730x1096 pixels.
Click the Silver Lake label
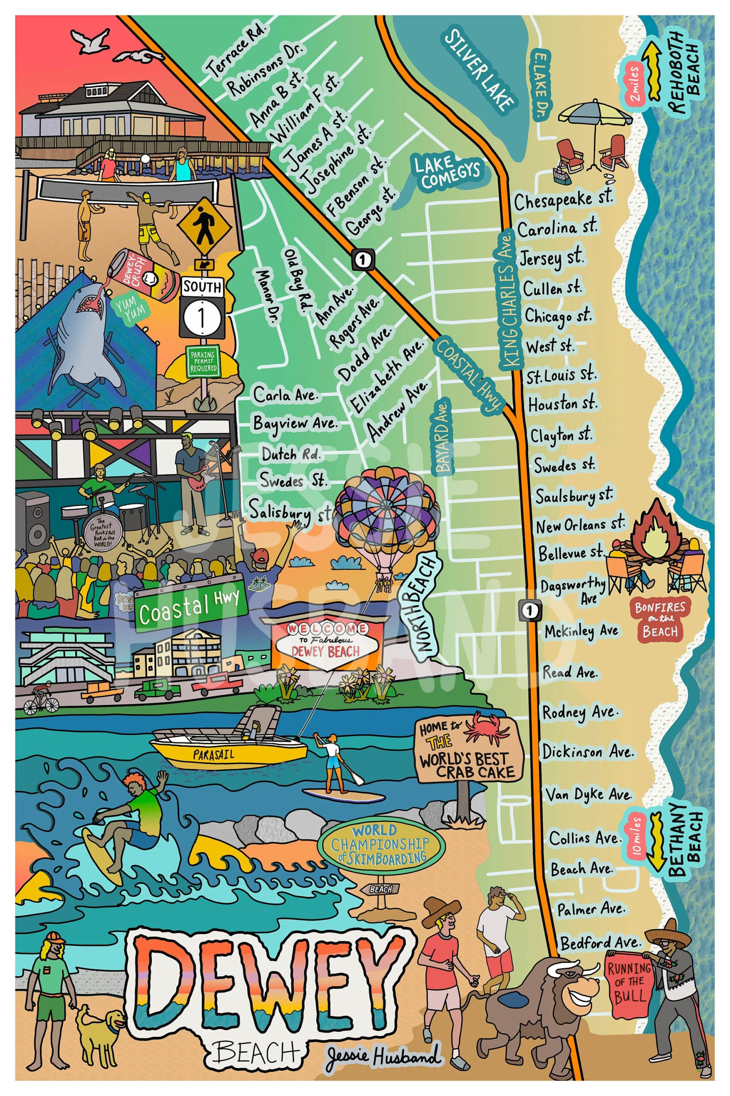[479, 70]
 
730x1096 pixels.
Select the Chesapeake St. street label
[563, 200]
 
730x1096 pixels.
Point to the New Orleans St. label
[579, 525]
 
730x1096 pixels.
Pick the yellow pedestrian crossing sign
[204, 229]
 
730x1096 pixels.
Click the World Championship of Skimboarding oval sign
[380, 843]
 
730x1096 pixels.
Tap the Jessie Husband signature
[383, 1056]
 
